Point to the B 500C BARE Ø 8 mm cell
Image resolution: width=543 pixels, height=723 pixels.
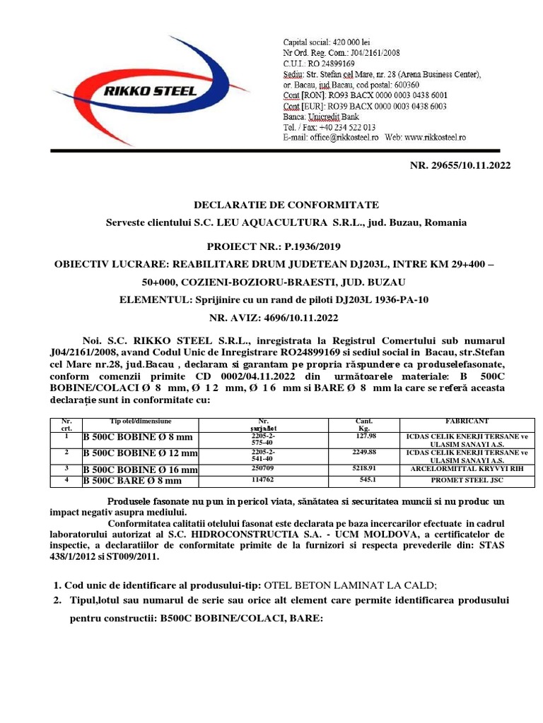[x=133, y=481]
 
